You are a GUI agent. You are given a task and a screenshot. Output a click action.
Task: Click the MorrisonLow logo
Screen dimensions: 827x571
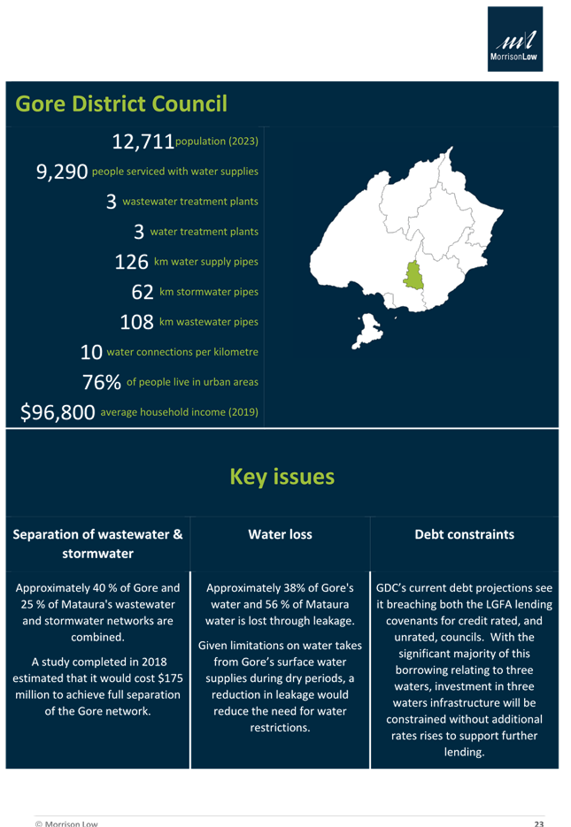click(x=517, y=39)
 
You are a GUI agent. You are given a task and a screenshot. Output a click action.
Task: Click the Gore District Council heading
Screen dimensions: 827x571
click(x=121, y=104)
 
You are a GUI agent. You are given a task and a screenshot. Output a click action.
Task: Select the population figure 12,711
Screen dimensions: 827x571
click(x=143, y=142)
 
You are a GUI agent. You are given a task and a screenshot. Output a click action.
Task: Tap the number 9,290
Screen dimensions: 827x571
click(x=62, y=172)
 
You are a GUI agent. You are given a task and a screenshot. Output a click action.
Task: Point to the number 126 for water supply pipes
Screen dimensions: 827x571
click(x=132, y=262)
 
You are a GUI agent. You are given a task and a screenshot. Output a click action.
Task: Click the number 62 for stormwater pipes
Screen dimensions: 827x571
click(x=143, y=292)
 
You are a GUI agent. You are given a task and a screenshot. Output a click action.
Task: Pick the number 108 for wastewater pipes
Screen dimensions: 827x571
click(x=135, y=322)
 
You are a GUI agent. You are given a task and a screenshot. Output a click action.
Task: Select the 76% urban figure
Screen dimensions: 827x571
click(x=101, y=382)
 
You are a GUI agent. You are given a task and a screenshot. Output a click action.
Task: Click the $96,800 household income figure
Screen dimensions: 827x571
click(x=58, y=412)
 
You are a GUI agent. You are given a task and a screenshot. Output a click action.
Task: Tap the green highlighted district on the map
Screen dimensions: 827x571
click(x=413, y=277)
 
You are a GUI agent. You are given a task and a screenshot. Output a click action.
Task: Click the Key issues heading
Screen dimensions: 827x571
click(x=282, y=477)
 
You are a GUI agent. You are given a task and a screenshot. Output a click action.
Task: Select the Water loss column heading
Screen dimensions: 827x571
click(x=280, y=534)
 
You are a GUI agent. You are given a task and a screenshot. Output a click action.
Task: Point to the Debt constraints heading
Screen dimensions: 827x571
click(x=465, y=534)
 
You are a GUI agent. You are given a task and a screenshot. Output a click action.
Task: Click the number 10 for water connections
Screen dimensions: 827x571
click(x=91, y=352)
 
